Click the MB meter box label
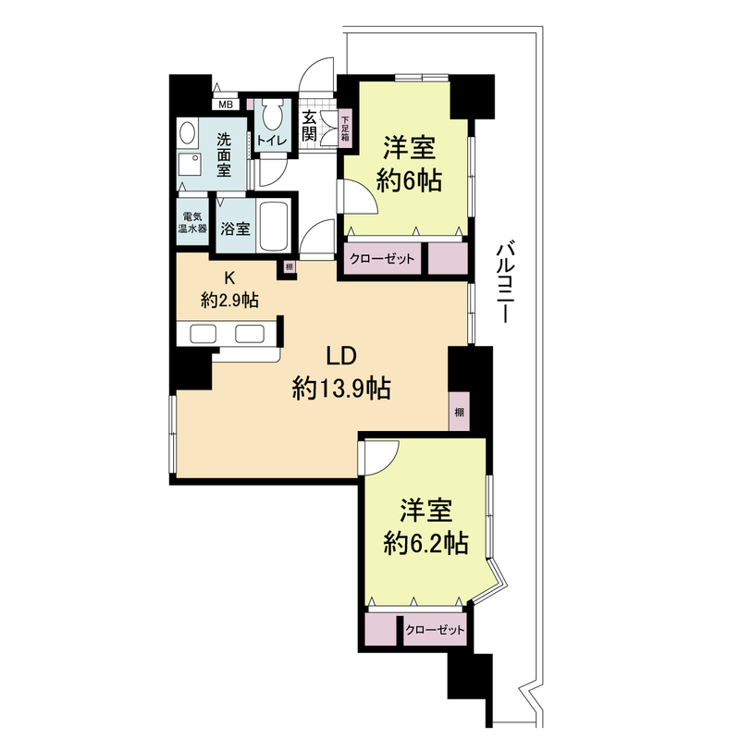227,105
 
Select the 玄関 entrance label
309,127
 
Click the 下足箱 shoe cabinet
344,127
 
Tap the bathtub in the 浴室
275,227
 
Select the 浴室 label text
236,228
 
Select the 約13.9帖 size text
339,388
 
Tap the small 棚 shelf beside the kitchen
290,268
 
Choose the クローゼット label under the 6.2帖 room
434,630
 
